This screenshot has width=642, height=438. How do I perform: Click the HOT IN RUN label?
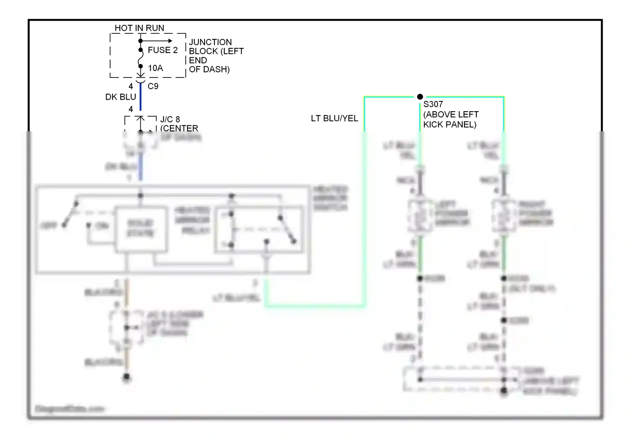pos(139,28)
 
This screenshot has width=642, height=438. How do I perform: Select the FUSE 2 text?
pos(163,50)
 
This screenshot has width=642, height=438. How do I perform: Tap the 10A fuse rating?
pos(155,68)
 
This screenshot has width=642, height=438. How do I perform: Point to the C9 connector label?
pos(153,86)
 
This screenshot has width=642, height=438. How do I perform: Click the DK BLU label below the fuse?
pos(120,97)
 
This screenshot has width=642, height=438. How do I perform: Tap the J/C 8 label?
pos(170,119)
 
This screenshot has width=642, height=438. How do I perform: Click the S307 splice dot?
pos(420,97)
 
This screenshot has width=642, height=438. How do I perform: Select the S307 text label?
pos(433,104)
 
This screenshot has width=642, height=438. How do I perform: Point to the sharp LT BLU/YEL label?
pos(334,118)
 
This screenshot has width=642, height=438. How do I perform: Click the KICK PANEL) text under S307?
pos(449,124)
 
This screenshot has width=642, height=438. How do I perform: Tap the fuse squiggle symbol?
pos(140,59)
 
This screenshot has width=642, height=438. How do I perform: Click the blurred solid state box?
pos(140,228)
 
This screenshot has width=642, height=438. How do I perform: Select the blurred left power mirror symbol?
pos(420,216)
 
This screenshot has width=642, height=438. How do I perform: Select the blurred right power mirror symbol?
pos(504,216)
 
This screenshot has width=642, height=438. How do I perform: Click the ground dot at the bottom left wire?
pos(127,377)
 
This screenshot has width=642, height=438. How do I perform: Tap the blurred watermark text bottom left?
pos(70,409)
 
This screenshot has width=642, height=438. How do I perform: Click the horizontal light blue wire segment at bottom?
pos(315,305)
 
